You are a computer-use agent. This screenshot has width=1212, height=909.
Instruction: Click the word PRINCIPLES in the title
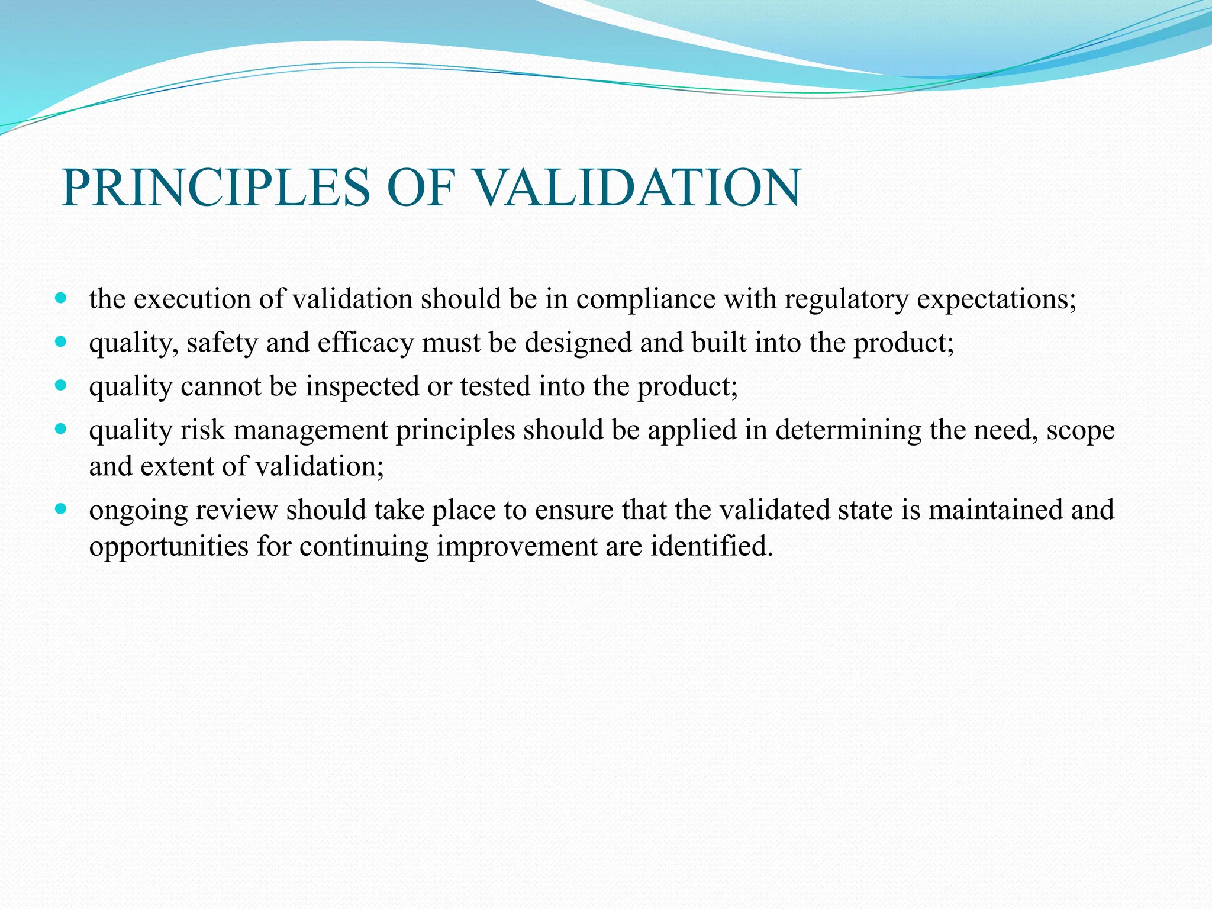(216, 188)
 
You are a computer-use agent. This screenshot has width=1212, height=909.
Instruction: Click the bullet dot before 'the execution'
(60, 298)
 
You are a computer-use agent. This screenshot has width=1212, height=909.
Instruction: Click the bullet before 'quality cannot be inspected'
(60, 385)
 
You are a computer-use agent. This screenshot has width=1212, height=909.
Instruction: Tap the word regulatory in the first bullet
(846, 299)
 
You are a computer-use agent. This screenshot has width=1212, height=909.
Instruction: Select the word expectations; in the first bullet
(997, 299)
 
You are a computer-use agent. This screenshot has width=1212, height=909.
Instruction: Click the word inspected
(362, 387)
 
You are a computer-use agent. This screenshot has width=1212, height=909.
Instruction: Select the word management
(311, 430)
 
